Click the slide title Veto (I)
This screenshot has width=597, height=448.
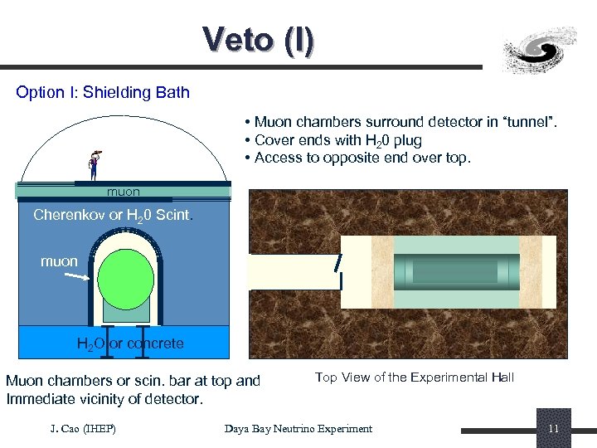click(258, 40)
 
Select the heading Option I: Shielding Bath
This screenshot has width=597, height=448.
click(103, 92)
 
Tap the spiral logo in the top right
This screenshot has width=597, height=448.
click(541, 50)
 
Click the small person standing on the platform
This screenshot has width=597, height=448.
click(94, 164)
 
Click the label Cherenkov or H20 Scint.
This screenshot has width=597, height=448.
click(114, 216)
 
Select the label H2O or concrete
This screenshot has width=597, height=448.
click(129, 343)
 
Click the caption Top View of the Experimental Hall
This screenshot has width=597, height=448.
click(415, 377)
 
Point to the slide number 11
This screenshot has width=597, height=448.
click(553, 428)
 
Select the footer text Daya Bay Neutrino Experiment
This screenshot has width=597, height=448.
click(298, 428)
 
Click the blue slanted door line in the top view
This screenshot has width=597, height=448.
click(337, 263)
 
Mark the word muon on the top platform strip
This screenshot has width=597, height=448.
click(124, 192)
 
